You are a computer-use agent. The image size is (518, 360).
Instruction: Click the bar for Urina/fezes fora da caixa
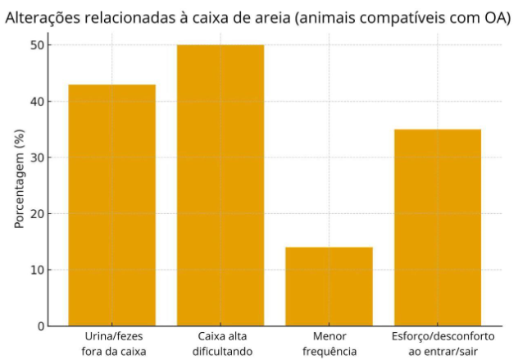[111, 205]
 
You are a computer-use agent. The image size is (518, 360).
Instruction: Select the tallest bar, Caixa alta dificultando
[220, 185]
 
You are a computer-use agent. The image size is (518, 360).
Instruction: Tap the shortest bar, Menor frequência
[329, 286]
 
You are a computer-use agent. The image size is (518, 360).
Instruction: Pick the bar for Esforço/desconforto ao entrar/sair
[437, 227]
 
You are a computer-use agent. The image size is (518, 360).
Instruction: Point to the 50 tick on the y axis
[36, 46]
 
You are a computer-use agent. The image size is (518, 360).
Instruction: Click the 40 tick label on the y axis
[36, 102]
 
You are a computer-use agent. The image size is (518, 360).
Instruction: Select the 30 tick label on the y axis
[36, 157]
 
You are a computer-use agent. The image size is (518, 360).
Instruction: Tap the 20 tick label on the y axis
[36, 214]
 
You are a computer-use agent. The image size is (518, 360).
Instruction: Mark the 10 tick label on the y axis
[36, 270]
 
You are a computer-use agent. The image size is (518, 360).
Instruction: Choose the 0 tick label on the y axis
[39, 326]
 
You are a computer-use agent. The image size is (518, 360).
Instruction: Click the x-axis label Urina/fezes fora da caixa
[111, 344]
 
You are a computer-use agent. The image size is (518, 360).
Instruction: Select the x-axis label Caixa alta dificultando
[220, 344]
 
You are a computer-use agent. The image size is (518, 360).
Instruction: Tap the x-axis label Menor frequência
[329, 344]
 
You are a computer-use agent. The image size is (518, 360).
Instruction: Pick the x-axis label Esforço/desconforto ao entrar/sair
[437, 344]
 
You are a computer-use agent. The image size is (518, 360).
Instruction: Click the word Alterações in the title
[42, 17]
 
